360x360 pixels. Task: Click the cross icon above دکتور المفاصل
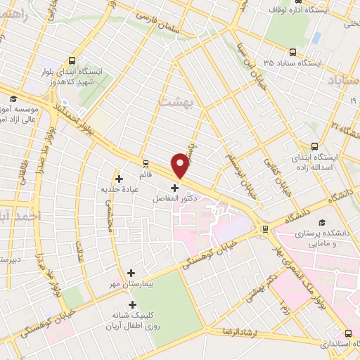point(175,188)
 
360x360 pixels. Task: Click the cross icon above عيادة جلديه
point(120,179)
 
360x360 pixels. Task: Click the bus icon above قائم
point(145,161)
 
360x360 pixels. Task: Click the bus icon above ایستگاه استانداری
point(349,333)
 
